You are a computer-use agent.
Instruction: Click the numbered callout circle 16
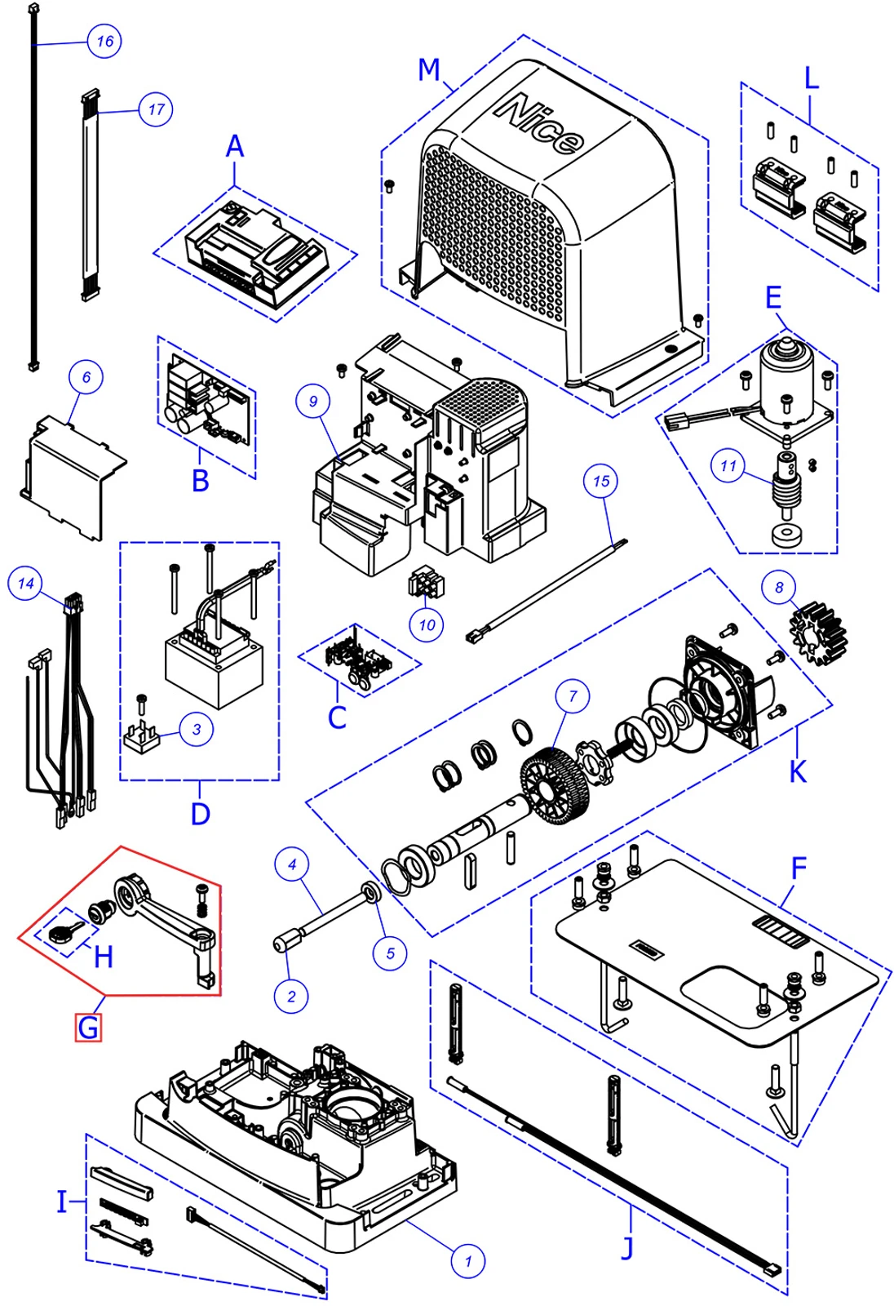point(104,41)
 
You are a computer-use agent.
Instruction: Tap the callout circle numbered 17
point(156,109)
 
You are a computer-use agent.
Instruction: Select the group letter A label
point(235,147)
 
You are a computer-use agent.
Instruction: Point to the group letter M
point(429,70)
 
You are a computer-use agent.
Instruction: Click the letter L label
point(811,79)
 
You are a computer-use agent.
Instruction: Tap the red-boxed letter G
point(88,1027)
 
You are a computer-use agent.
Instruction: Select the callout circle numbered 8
point(779,587)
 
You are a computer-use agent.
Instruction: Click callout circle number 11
point(728,466)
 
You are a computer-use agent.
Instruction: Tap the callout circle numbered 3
point(197,729)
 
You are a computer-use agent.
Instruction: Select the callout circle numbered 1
point(468,1261)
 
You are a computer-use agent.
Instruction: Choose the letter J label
point(626,1246)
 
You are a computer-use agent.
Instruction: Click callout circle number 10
point(427,625)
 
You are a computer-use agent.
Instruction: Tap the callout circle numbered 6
point(86,377)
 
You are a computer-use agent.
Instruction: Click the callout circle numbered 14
point(25,584)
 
